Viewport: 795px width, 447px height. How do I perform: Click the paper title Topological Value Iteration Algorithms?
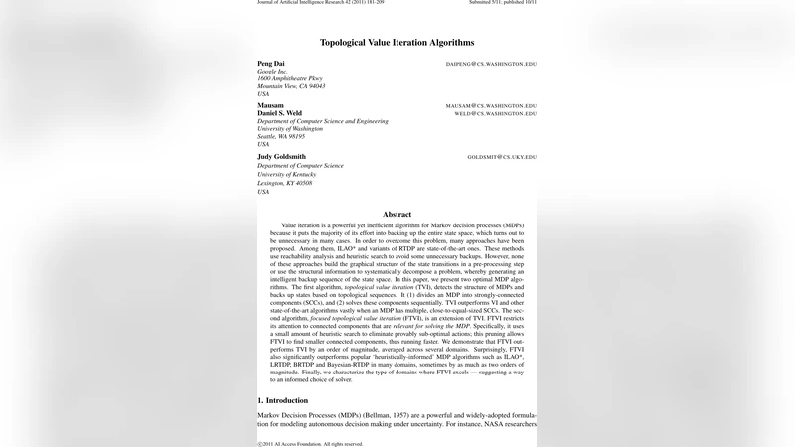point(397,43)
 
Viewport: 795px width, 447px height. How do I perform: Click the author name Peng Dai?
point(270,63)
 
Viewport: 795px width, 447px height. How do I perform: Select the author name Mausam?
point(270,105)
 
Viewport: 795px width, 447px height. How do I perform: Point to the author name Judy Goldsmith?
point(282,156)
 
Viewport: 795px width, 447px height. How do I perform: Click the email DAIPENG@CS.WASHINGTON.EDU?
point(491,64)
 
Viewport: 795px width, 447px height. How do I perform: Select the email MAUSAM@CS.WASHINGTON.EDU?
point(491,105)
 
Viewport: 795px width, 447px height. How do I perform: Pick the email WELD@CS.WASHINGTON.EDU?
point(495,114)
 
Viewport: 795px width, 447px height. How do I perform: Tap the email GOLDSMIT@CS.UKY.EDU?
point(502,157)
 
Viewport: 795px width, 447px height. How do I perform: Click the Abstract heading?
point(397,215)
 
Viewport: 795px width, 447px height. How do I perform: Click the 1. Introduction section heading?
point(286,400)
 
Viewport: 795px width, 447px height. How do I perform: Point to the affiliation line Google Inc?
point(272,71)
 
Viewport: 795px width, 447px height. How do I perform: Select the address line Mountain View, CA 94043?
point(291,86)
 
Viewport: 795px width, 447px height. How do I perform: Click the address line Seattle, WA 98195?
point(281,136)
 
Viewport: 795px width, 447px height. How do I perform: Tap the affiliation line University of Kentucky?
point(286,174)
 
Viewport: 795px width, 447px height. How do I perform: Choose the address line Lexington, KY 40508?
point(285,183)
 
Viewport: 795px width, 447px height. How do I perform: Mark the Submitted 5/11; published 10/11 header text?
point(502,2)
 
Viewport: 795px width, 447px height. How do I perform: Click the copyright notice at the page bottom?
point(310,443)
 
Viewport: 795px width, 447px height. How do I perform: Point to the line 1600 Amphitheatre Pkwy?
point(290,78)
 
